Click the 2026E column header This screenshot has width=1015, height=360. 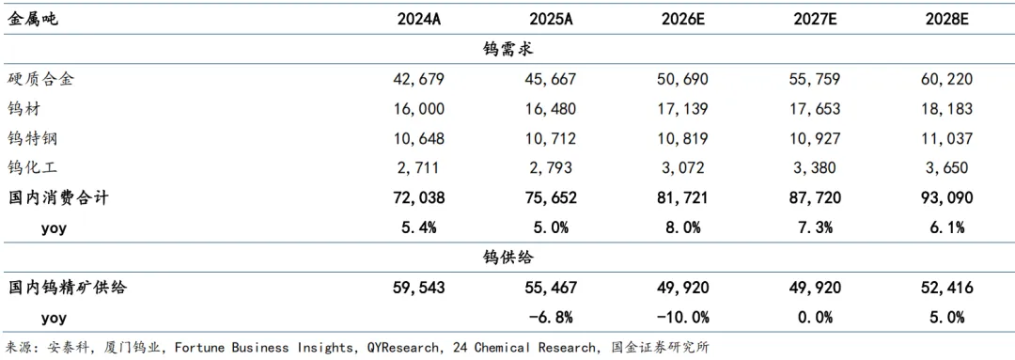click(x=684, y=20)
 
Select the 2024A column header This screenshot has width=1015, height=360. click(x=419, y=20)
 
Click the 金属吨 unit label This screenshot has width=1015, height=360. click(x=32, y=20)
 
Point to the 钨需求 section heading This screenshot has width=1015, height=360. click(x=507, y=49)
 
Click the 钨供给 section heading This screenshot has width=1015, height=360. click(x=507, y=257)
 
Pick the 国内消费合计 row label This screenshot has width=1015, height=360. click(x=57, y=197)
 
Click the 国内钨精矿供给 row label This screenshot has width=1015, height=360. click(x=66, y=287)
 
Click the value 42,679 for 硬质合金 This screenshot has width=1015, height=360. click(x=419, y=80)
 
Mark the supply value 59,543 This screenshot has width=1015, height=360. click(x=419, y=289)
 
